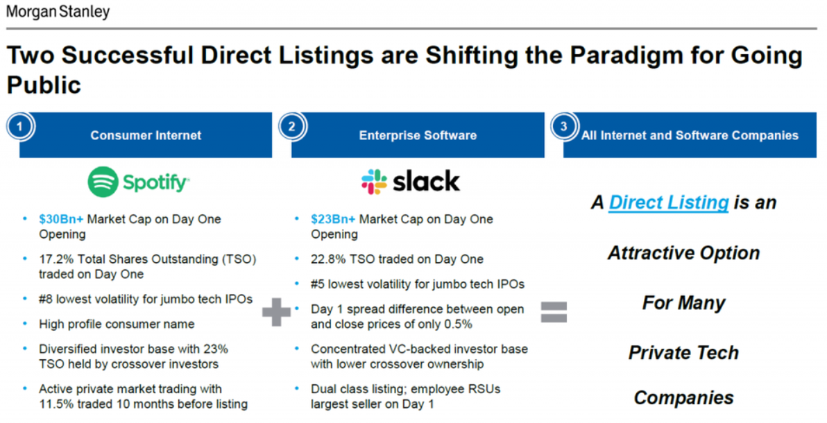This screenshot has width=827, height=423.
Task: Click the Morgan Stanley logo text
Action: pyautogui.click(x=58, y=12)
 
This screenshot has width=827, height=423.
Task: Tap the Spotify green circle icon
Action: pyautogui.click(x=103, y=182)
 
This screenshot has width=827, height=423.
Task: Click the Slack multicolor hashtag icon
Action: pyautogui.click(x=374, y=182)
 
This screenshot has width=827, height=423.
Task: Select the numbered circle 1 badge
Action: pyautogui.click(x=20, y=127)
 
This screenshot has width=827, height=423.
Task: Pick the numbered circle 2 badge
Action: pyautogui.click(x=291, y=127)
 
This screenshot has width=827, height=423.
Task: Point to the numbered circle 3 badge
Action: pyautogui.click(x=564, y=127)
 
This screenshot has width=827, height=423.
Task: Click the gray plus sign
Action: pyautogui.click(x=276, y=312)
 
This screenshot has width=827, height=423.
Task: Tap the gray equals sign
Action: pyautogui.click(x=554, y=312)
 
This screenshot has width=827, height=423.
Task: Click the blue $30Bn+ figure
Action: pyautogui.click(x=61, y=219)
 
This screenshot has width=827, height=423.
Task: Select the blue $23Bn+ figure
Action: pyautogui.click(x=333, y=219)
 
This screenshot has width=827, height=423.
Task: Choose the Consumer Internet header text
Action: pyautogui.click(x=146, y=135)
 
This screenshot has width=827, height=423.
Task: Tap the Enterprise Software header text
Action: pyautogui.click(x=418, y=135)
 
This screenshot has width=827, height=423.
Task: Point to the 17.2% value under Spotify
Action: pyautogui.click(x=56, y=259)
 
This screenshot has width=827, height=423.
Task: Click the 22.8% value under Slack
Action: pyautogui.click(x=327, y=259)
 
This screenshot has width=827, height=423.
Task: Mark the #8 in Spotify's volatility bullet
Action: pyautogui.click(x=46, y=299)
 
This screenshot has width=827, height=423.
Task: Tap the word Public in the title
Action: pyautogui.click(x=44, y=85)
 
